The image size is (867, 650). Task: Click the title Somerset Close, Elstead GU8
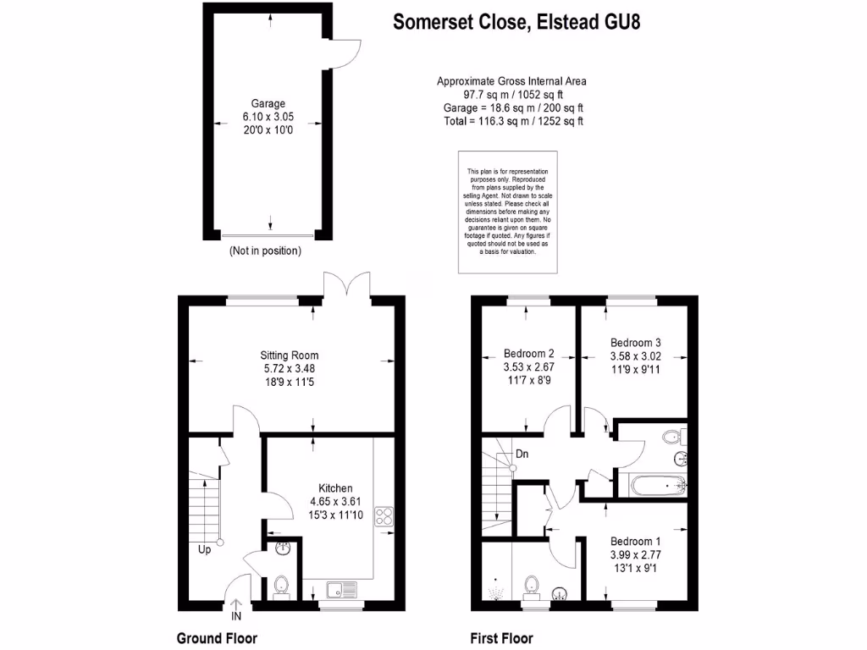(x=516, y=22)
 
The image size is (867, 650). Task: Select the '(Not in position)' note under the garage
(x=265, y=251)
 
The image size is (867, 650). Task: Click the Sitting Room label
(x=290, y=355)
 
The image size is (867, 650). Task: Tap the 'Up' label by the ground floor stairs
(x=204, y=550)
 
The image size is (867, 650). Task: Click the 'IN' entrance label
(x=236, y=615)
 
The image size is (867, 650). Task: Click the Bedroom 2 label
(x=528, y=354)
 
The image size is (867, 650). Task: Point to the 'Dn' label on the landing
(x=522, y=454)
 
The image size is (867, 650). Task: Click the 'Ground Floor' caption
(x=216, y=638)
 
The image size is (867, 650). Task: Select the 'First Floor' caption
(x=501, y=638)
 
